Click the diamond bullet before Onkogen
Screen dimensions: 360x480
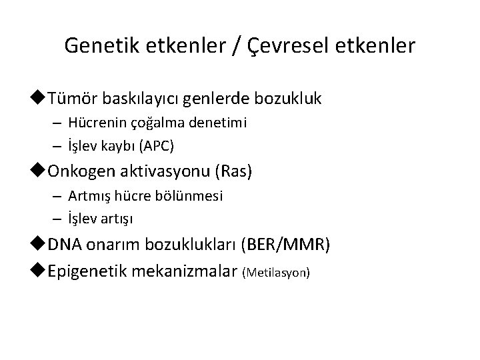[x=41, y=171]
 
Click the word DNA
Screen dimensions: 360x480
[x=63, y=245]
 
